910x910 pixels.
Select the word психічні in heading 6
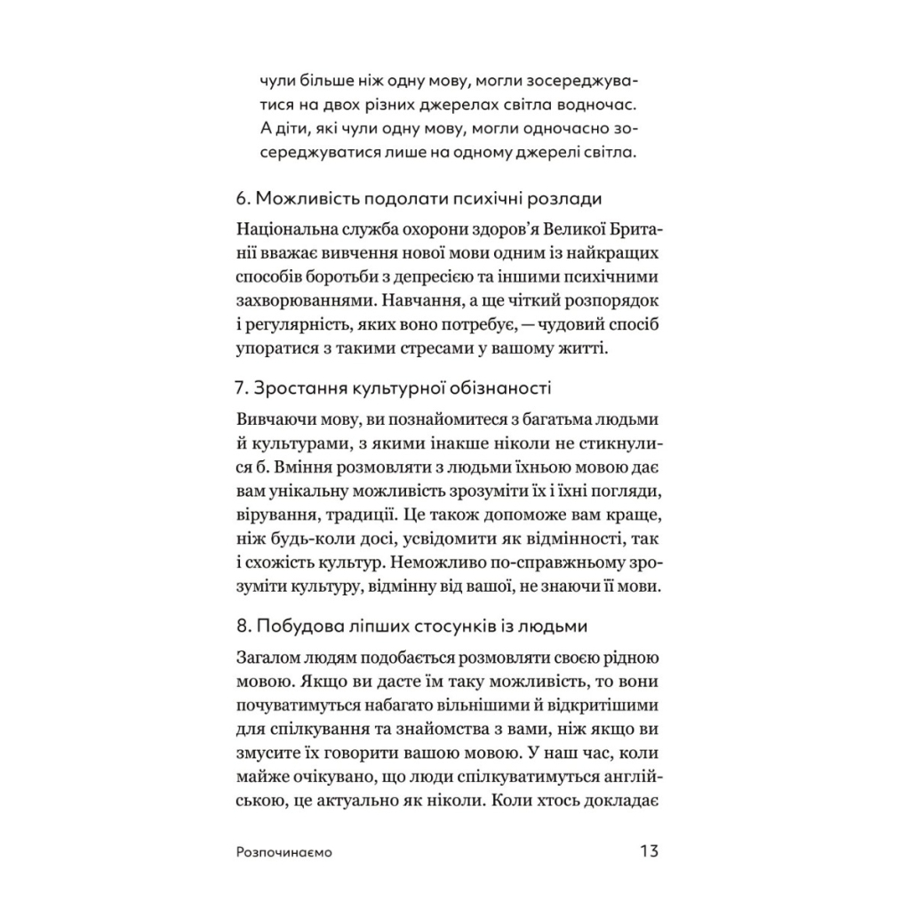point(482,197)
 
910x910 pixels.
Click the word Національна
point(287,229)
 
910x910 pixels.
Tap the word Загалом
point(270,658)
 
